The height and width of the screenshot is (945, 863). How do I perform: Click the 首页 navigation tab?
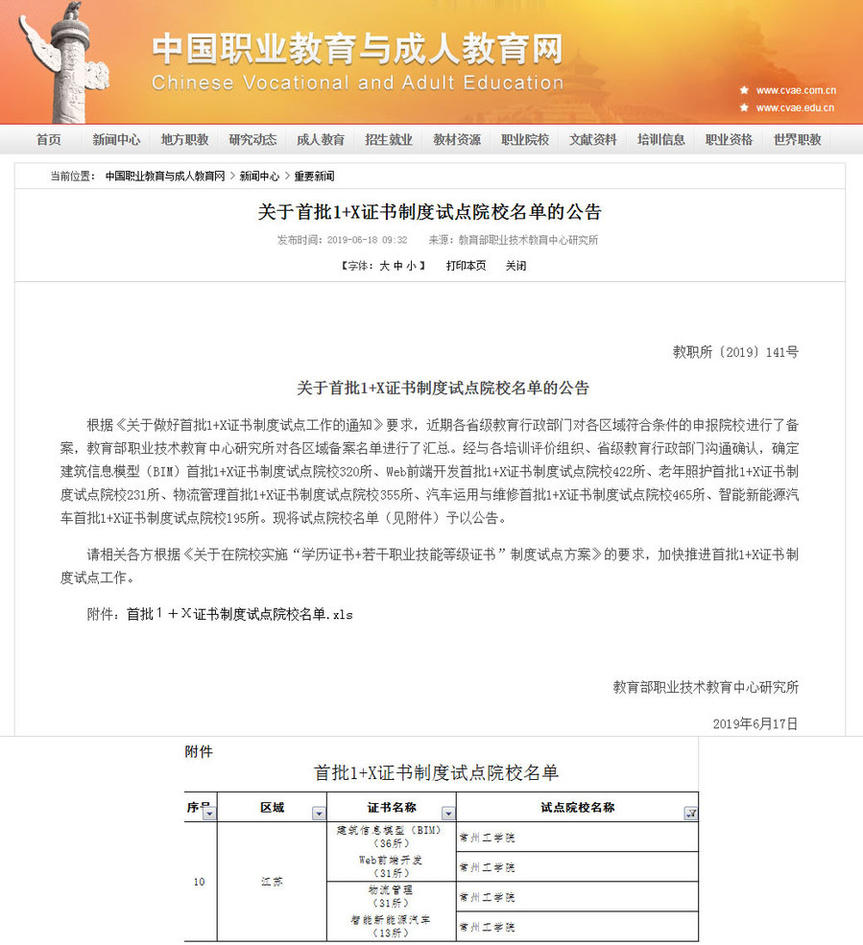(x=48, y=140)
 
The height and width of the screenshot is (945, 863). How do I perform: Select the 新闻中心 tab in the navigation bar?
(x=116, y=140)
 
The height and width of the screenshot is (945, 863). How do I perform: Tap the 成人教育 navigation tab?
(x=321, y=140)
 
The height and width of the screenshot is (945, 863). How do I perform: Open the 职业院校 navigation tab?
(x=525, y=140)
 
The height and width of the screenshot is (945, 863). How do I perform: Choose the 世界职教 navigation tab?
(x=797, y=140)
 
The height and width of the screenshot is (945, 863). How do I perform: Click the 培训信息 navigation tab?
(x=660, y=140)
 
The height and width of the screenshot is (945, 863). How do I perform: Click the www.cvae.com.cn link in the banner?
(x=795, y=90)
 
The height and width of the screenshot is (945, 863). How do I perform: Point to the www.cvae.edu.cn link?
(x=795, y=108)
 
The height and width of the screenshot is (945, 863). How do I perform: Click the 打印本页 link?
(x=466, y=266)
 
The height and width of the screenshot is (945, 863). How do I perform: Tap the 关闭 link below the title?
(x=516, y=266)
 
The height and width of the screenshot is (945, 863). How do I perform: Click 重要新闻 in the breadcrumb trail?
(x=314, y=177)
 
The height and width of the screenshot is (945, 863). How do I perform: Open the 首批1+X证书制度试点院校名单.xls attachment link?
(x=239, y=614)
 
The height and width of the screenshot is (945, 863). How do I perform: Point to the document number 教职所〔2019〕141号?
(x=735, y=352)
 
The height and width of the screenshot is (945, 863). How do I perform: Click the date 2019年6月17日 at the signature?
(x=755, y=723)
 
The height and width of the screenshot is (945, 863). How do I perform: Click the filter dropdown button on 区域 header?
(x=319, y=814)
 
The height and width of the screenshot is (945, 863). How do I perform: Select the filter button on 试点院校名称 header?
(x=690, y=814)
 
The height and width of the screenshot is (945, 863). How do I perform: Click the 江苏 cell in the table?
(x=272, y=881)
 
